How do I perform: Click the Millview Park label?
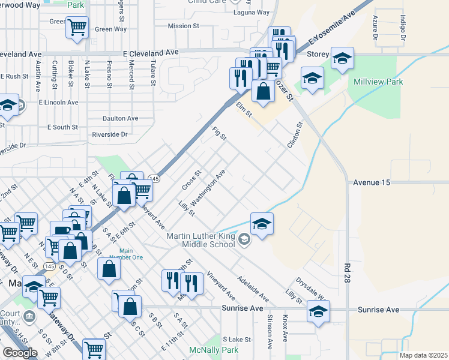[x=378, y=82]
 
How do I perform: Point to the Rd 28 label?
[x=347, y=273]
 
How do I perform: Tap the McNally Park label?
[x=213, y=350]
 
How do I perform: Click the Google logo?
[x=20, y=353]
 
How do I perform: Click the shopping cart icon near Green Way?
[x=77, y=26]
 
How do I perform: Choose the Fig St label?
[x=220, y=133]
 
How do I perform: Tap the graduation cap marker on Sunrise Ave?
[x=318, y=311]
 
